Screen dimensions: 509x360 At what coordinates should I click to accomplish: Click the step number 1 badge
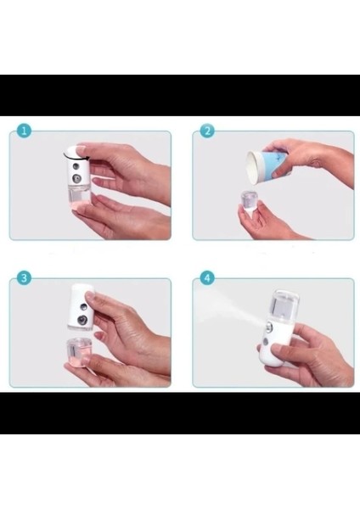[24, 131]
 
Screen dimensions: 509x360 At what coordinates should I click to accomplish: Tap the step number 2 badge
[206, 131]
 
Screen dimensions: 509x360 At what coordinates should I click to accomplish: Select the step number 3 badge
[24, 277]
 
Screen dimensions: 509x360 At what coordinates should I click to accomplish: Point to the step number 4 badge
[206, 277]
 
